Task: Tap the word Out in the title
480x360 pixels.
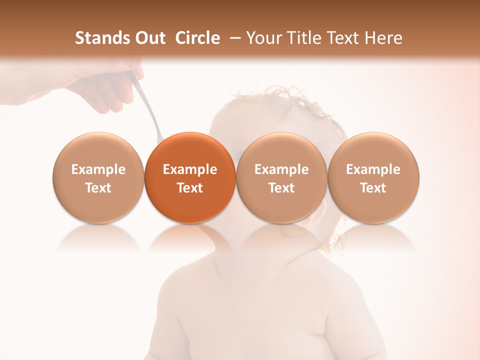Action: pos(149,38)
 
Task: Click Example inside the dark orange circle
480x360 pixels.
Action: pos(190,169)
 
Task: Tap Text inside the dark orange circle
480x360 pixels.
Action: pos(190,188)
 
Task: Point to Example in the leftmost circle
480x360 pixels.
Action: pos(98,169)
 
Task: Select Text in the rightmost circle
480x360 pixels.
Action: pos(373,188)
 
